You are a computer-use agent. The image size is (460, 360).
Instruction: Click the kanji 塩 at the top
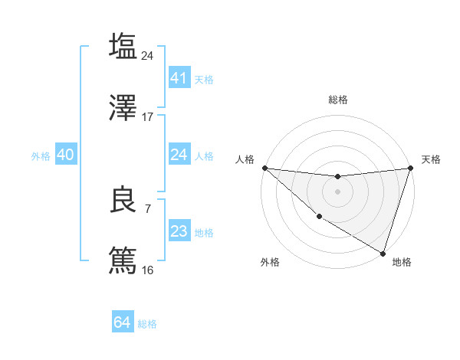click(x=123, y=46)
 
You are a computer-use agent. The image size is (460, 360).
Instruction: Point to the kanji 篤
click(x=123, y=260)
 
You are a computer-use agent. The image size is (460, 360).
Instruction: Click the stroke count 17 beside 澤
click(x=148, y=117)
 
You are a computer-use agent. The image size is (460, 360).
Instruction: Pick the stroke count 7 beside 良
click(x=148, y=208)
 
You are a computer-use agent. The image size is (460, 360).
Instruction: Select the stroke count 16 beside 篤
click(x=148, y=270)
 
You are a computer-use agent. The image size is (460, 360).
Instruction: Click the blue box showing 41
click(x=179, y=78)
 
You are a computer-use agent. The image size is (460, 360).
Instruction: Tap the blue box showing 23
click(x=179, y=231)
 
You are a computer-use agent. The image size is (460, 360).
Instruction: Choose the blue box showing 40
click(x=65, y=155)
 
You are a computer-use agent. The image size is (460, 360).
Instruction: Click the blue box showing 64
click(x=123, y=322)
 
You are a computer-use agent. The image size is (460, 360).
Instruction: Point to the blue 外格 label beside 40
click(x=41, y=155)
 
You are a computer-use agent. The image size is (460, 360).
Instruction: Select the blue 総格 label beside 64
click(x=147, y=324)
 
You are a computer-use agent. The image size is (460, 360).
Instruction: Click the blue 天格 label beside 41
click(x=204, y=79)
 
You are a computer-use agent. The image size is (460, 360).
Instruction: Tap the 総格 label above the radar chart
click(x=338, y=100)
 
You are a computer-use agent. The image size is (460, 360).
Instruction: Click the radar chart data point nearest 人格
click(x=264, y=168)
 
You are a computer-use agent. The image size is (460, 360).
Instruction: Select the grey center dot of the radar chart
click(x=337, y=191)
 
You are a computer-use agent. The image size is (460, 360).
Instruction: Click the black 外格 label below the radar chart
click(x=270, y=263)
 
